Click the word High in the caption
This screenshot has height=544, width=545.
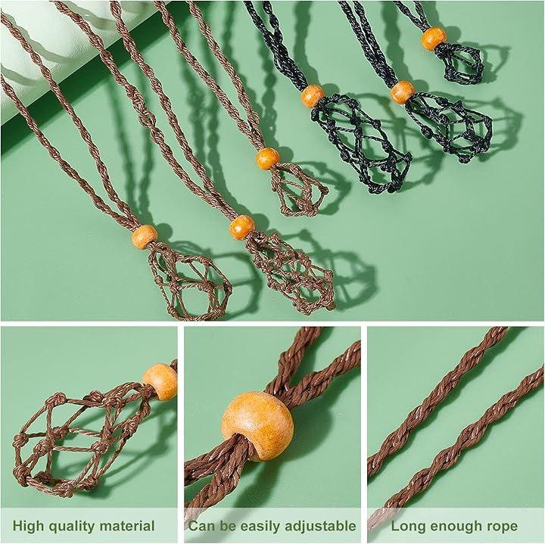click(29, 526)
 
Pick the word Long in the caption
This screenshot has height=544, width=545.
click(408, 527)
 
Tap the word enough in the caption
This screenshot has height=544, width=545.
click(455, 527)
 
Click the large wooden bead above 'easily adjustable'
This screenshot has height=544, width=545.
click(257, 426)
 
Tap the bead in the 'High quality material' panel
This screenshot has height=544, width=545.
click(160, 381)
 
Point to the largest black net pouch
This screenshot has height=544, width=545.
click(362, 142)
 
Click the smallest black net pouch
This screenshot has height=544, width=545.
click(459, 63)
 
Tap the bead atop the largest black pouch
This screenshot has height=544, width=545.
click(313, 96)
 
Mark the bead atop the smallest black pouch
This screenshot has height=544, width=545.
click(434, 39)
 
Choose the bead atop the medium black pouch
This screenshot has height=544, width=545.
click(403, 92)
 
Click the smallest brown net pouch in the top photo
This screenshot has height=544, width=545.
click(299, 189)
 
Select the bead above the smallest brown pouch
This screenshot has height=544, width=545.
click(268, 158)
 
